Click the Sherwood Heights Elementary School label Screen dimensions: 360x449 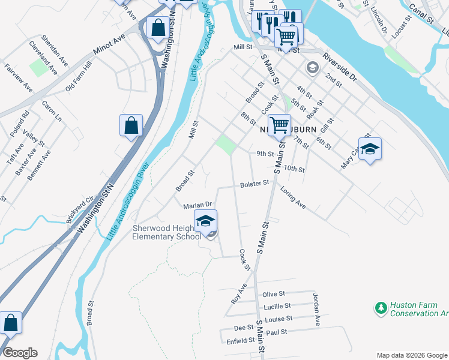click(167, 232)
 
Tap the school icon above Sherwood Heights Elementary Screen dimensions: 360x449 click(205, 222)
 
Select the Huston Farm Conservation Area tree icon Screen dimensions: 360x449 click(381, 308)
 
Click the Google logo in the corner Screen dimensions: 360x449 click(20, 353)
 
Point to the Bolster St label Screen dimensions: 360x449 click(254, 184)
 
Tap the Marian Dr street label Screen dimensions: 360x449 click(198, 205)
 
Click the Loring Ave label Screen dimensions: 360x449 click(293, 199)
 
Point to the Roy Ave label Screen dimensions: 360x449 click(239, 293)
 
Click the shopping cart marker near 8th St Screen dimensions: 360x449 click(279, 126)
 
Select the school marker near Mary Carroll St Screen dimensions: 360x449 click(370, 149)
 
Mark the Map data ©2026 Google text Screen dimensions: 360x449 click(411, 355)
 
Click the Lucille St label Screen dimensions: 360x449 click(277, 307)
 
